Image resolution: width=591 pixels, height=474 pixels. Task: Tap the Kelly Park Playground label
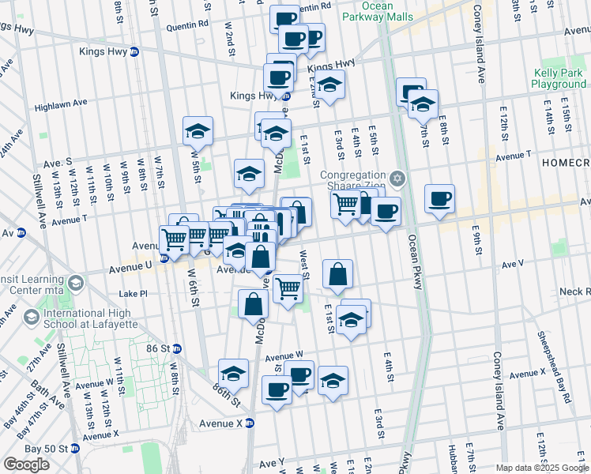tap(558, 78)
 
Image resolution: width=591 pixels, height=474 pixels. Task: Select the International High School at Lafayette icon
tap(32, 318)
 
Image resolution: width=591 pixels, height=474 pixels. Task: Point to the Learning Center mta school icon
tap(76, 283)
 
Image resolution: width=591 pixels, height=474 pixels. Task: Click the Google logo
tap(26, 464)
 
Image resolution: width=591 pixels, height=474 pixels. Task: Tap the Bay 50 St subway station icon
tap(75, 448)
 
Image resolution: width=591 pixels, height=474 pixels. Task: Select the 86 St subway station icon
tap(178, 348)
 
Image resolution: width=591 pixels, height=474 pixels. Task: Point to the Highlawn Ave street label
tap(61, 103)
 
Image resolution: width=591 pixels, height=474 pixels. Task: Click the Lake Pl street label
tap(133, 293)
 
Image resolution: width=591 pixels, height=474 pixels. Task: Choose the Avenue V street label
tap(513, 262)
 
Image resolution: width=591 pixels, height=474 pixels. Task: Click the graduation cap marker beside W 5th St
tap(198, 131)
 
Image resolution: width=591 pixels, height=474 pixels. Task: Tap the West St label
tap(304, 265)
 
